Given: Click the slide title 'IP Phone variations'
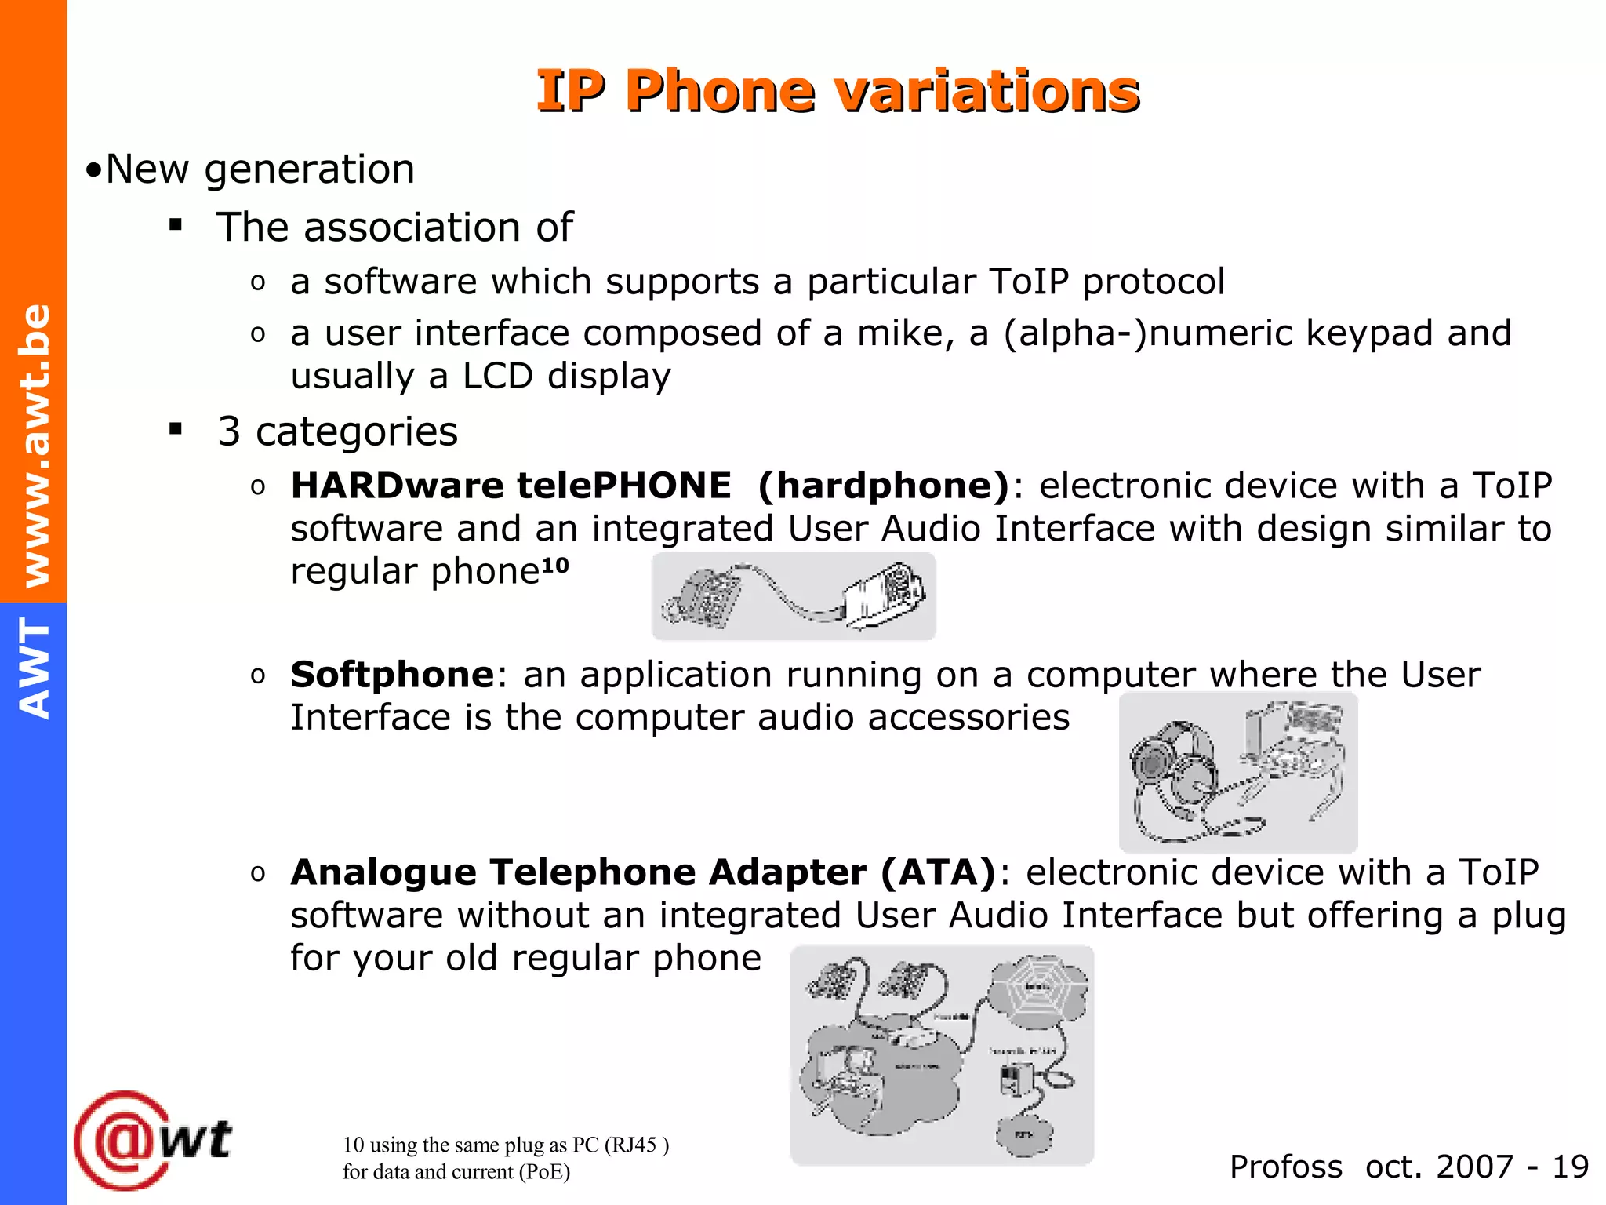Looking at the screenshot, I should click(838, 91).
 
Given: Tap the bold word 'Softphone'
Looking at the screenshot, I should click(392, 675).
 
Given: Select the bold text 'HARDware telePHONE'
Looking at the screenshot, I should click(511, 486).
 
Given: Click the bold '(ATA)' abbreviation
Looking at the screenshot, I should click(938, 872).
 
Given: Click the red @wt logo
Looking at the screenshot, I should click(153, 1140).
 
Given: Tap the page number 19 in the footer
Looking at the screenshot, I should click(1571, 1167).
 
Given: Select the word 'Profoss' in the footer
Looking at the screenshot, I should click(1285, 1167).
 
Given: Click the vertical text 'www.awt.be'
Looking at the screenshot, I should click(36, 445).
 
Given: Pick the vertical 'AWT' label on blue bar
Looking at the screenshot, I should click(35, 668).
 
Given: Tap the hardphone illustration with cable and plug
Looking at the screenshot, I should click(794, 596).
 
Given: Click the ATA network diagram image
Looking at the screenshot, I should click(942, 1055).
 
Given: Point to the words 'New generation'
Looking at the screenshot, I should click(260, 169).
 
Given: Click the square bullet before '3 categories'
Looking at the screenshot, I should click(176, 429).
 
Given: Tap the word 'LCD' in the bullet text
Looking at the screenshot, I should click(498, 377).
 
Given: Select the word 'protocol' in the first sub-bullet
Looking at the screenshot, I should click(1154, 282).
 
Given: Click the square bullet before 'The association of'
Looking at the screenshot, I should click(176, 226).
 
